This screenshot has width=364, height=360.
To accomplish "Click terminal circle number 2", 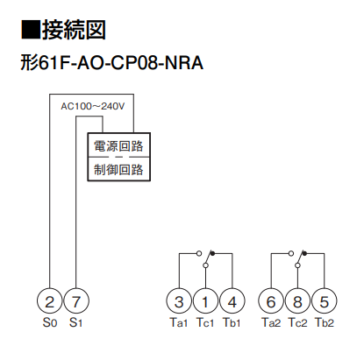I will (50, 302).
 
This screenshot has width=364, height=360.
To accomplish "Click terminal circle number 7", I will (76, 302).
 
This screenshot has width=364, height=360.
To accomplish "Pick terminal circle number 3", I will (179, 302).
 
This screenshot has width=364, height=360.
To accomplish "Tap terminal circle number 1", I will (205, 302).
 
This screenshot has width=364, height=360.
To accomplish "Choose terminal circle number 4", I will (232, 302).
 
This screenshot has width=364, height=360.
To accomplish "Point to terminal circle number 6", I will (272, 302).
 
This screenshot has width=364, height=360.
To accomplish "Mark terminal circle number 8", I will (298, 302).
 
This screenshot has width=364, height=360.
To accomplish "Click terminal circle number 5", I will (325, 302).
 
